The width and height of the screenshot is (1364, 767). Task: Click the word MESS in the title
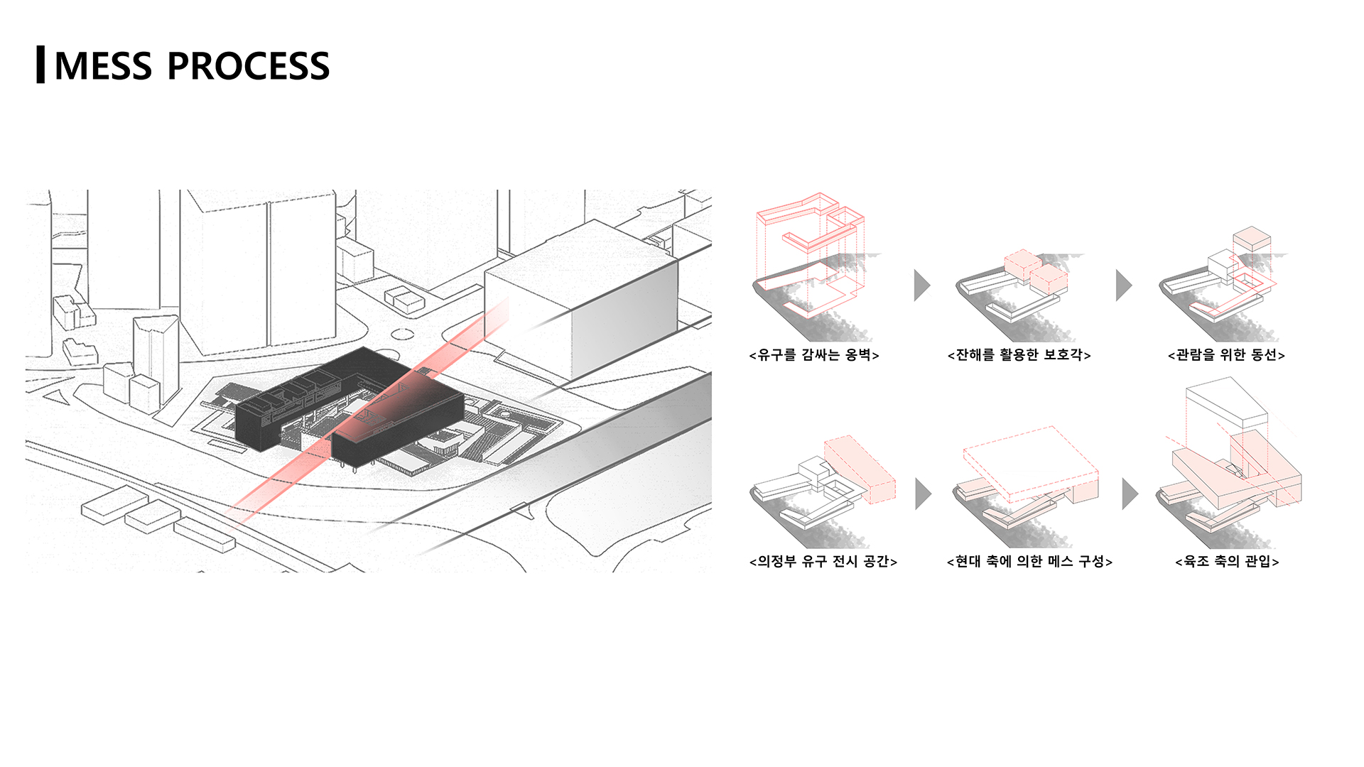[x=103, y=66]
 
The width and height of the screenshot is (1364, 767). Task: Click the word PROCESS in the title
[x=248, y=66]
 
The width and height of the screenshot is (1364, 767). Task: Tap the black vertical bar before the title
[x=40, y=65]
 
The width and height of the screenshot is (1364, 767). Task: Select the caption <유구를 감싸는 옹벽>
[x=814, y=354]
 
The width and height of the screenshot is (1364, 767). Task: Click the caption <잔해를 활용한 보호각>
[x=1019, y=354]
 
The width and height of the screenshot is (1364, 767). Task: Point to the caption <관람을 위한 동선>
[x=1226, y=354]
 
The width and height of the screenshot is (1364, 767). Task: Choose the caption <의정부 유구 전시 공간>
[x=823, y=562]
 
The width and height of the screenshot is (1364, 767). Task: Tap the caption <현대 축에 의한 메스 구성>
[x=1029, y=562]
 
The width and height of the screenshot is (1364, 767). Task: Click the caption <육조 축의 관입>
[x=1227, y=562]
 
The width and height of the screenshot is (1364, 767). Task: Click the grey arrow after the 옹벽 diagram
[x=921, y=285]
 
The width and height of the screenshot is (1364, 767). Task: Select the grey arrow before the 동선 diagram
[x=1123, y=285]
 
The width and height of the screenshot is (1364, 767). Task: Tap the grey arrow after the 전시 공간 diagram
[x=923, y=494]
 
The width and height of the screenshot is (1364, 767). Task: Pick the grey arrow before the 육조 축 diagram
[x=1130, y=494]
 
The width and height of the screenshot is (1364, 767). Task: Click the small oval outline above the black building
[x=402, y=334]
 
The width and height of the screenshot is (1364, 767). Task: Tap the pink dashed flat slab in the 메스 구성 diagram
[x=1031, y=460]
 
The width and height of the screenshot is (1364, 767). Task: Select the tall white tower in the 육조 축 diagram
[x=1226, y=410]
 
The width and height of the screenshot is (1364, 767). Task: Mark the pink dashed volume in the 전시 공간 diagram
[x=860, y=469]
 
